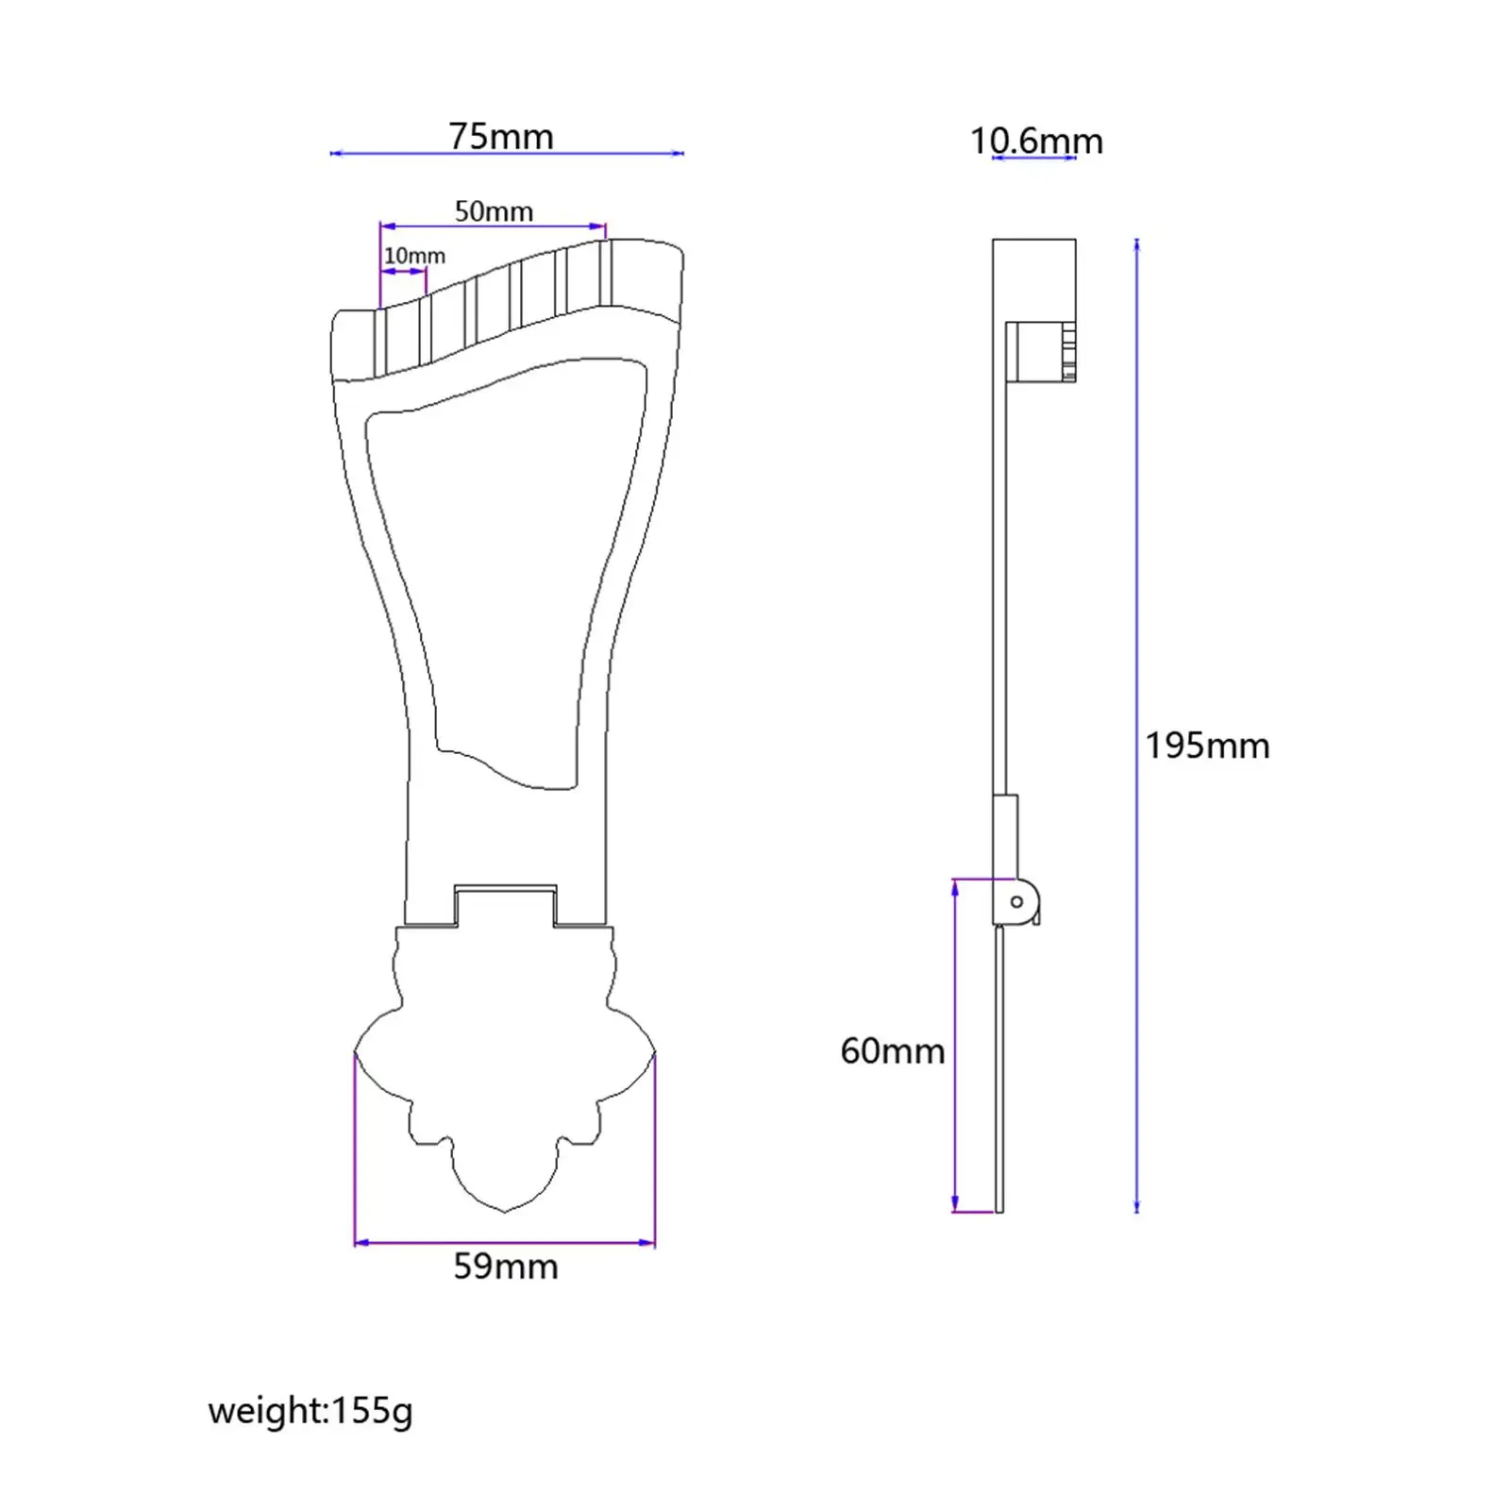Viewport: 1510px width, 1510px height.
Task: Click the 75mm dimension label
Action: click(x=500, y=137)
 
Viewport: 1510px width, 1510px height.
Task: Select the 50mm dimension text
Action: click(x=494, y=211)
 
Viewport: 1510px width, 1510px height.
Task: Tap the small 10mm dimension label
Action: click(x=414, y=256)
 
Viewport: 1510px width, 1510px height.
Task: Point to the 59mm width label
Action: click(x=506, y=1267)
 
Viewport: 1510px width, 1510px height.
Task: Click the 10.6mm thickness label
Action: click(x=1036, y=142)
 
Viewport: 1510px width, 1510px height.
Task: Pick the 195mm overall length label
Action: click(x=1207, y=747)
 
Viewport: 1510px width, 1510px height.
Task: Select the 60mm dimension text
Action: click(x=892, y=1051)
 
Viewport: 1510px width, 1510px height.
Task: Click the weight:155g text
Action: click(x=310, y=1411)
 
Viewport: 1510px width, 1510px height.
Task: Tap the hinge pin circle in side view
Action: click(x=1016, y=902)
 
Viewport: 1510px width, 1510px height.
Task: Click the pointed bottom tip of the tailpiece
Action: click(x=505, y=1212)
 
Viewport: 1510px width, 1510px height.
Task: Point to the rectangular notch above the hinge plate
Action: click(x=505, y=904)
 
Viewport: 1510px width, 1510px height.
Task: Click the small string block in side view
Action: click(x=1040, y=352)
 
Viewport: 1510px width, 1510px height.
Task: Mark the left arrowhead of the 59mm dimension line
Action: click(x=359, y=1243)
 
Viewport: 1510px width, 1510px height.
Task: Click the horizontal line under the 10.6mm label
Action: click(x=1034, y=158)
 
